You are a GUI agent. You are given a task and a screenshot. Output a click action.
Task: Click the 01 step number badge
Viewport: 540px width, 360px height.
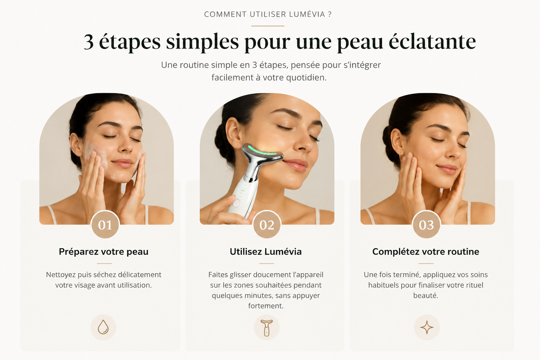tap(105, 225)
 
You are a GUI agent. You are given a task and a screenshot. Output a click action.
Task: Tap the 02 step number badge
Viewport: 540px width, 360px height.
tap(267, 225)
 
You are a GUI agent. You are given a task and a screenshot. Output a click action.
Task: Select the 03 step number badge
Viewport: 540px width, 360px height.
tap(426, 225)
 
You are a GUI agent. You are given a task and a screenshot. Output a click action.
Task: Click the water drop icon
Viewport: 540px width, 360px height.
tap(103, 327)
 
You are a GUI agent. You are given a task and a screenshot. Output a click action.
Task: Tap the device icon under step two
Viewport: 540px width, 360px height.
tap(266, 327)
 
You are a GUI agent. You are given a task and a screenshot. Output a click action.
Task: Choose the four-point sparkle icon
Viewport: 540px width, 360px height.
tap(427, 327)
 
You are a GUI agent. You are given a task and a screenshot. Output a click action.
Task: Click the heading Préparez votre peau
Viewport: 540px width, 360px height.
tap(104, 252)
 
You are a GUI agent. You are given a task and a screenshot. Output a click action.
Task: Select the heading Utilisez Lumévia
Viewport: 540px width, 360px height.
tap(266, 252)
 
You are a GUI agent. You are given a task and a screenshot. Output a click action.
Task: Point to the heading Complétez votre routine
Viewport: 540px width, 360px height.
tap(426, 252)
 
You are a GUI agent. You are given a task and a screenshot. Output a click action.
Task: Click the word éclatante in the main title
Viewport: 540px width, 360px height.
tap(432, 41)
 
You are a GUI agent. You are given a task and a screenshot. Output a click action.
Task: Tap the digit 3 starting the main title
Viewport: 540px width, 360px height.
tap(89, 42)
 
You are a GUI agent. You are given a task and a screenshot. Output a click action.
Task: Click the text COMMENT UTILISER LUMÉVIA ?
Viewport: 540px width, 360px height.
tap(268, 14)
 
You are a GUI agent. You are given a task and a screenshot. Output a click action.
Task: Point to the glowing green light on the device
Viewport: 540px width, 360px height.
tap(262, 151)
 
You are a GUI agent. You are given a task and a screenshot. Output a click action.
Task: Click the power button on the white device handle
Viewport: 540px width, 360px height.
tap(237, 203)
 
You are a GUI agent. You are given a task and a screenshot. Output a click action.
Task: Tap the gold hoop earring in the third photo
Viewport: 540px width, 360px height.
tap(401, 155)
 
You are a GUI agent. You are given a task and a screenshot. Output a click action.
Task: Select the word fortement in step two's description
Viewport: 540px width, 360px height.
tap(266, 306)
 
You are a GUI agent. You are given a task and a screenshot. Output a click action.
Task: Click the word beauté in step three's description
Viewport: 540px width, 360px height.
tap(426, 295)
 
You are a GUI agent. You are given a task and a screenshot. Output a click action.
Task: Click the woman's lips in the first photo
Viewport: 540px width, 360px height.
tap(123, 163)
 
